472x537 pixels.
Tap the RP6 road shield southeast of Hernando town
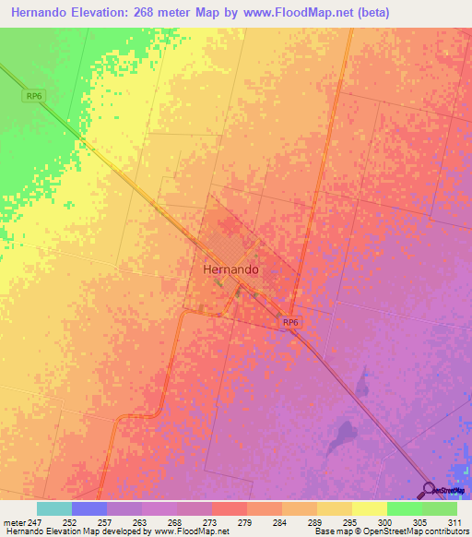pos(290,321)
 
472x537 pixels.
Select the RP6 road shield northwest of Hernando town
pos(33,95)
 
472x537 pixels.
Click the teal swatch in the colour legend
pos(54,508)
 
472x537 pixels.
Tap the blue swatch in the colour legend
pos(89,508)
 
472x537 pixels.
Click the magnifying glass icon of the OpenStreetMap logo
pos(429,488)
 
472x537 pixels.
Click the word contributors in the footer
pos(447,531)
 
